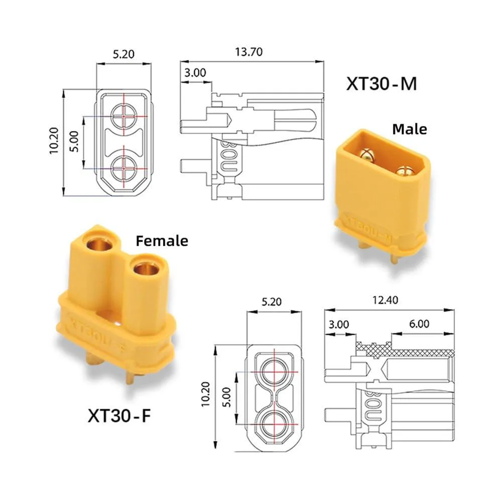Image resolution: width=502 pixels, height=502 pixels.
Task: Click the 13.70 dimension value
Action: [x=249, y=52]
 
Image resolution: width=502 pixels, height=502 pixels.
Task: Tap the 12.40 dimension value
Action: [x=385, y=300]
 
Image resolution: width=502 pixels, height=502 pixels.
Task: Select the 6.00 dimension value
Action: [x=419, y=324]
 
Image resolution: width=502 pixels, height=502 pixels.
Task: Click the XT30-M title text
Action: [x=382, y=84]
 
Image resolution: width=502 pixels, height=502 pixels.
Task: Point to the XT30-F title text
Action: [x=119, y=416]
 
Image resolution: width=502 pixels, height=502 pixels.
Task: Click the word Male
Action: [x=410, y=130]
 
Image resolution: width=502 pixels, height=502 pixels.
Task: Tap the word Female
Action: [x=162, y=241]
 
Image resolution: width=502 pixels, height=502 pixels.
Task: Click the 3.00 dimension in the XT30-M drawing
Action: [x=195, y=73]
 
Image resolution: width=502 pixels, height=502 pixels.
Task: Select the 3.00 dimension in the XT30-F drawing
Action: [x=339, y=325]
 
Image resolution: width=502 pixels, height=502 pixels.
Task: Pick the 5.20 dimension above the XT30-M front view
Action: [x=123, y=54]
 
